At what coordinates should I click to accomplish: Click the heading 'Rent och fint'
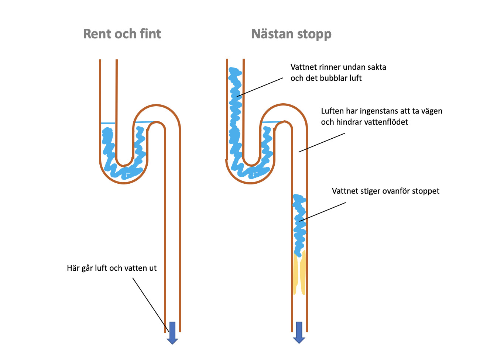(x=122, y=34)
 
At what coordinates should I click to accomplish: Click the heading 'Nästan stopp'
(x=291, y=34)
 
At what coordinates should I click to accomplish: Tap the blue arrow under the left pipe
(x=172, y=333)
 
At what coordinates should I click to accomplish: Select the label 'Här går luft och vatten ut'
(x=112, y=268)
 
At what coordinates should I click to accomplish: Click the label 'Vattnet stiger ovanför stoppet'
(x=385, y=191)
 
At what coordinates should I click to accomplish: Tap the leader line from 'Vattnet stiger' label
(x=323, y=212)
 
